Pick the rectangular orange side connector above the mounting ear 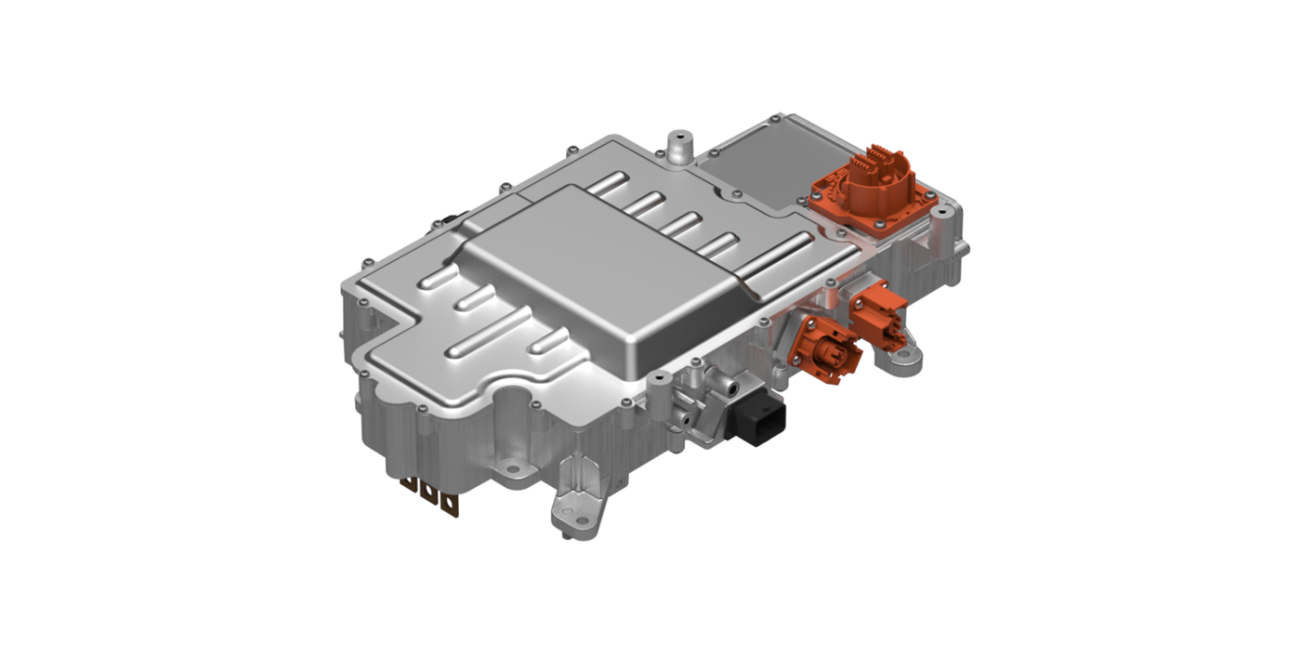tap(878, 312)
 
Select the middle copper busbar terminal tap(431, 495)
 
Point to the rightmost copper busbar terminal tap(452, 504)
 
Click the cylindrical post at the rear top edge tap(676, 146)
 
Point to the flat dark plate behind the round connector tap(760, 169)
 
